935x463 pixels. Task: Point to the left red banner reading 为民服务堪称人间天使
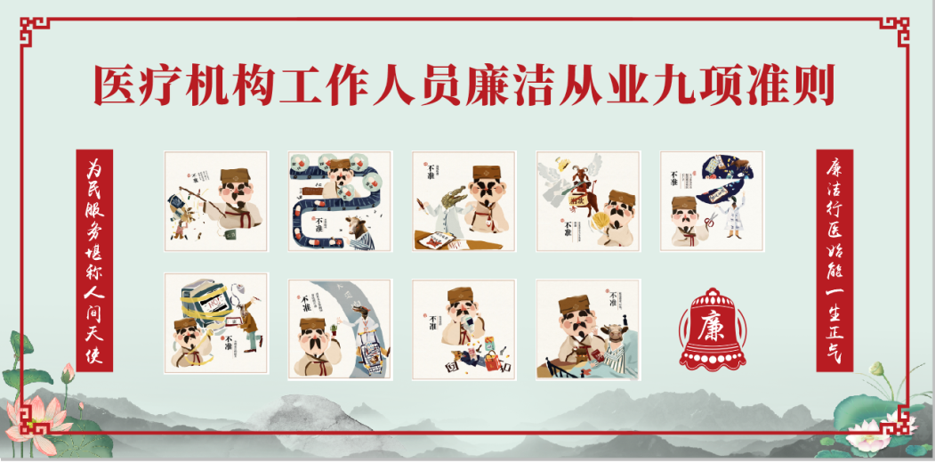click(x=95, y=259)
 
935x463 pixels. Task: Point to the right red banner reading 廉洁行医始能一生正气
click(x=834, y=259)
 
